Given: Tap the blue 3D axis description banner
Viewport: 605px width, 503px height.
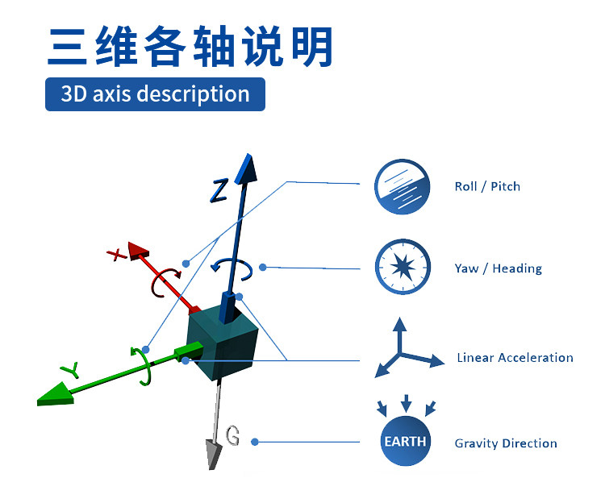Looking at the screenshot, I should tap(155, 94).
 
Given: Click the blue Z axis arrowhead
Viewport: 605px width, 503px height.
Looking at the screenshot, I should tap(247, 168).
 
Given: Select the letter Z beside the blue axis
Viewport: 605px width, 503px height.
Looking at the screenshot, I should tap(219, 189).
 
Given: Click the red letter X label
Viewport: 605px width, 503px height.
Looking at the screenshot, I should tap(118, 255).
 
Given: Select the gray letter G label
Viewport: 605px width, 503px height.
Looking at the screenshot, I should tap(232, 436).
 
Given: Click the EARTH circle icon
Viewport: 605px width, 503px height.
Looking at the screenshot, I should tap(405, 441).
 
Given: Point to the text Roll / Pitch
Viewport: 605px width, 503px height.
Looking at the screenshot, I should tap(487, 186).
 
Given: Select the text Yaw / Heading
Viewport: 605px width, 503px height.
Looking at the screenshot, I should tap(498, 268).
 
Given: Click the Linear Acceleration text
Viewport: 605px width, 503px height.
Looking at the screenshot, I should tap(515, 357).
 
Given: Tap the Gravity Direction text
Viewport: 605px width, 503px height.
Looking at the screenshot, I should tap(506, 443).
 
